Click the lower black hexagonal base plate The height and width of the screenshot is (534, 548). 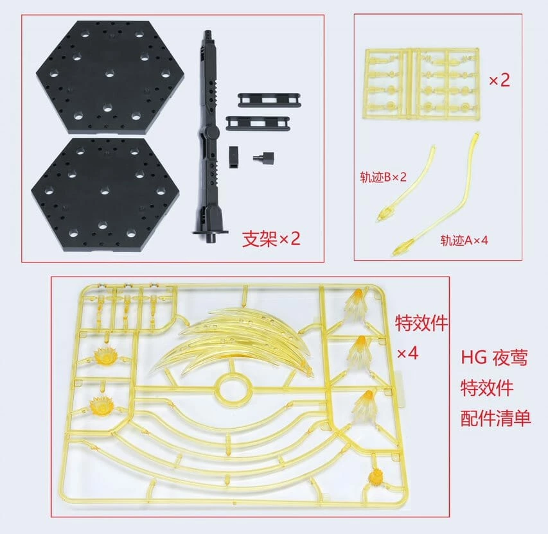105,194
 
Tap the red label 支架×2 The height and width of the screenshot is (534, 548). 271,239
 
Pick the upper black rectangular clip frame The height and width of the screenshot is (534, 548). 269,100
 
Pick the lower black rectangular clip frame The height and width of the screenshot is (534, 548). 258,123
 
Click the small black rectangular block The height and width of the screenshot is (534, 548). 234,157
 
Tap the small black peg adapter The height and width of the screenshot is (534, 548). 264,157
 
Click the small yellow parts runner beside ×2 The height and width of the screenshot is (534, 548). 422,85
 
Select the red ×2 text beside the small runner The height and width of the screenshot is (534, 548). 499,80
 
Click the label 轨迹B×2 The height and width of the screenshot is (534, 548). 384,177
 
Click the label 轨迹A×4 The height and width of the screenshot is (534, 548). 464,240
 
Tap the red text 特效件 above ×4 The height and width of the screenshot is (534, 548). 421,322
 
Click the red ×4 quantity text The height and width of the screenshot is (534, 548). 407,354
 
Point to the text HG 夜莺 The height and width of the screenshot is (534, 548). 494,358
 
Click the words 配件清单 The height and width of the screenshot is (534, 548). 495,418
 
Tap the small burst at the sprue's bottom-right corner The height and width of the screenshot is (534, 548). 376,476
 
